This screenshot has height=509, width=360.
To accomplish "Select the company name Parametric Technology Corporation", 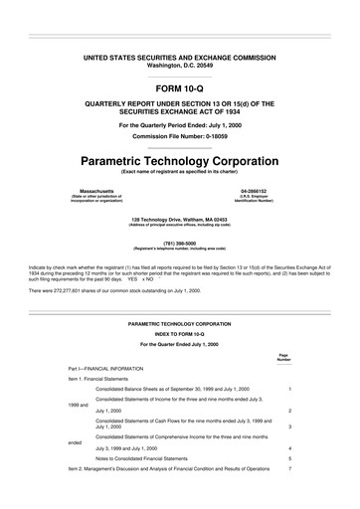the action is point(179,159).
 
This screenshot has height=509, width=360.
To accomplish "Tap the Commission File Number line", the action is point(179,134).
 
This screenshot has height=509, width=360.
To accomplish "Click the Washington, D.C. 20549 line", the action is point(179,65).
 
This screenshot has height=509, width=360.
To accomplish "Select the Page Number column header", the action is point(284,357).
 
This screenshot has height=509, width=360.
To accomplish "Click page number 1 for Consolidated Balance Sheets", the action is point(288,389).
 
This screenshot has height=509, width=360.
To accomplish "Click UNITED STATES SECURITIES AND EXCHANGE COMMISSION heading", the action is point(179,57).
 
